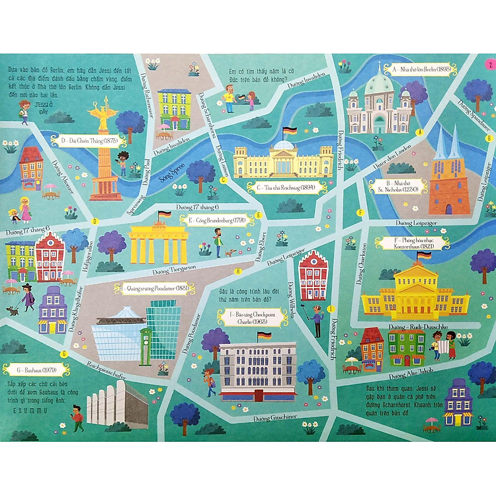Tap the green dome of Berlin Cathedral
coord(379,83)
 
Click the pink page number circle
coord(489,64)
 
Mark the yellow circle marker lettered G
coord(64,354)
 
